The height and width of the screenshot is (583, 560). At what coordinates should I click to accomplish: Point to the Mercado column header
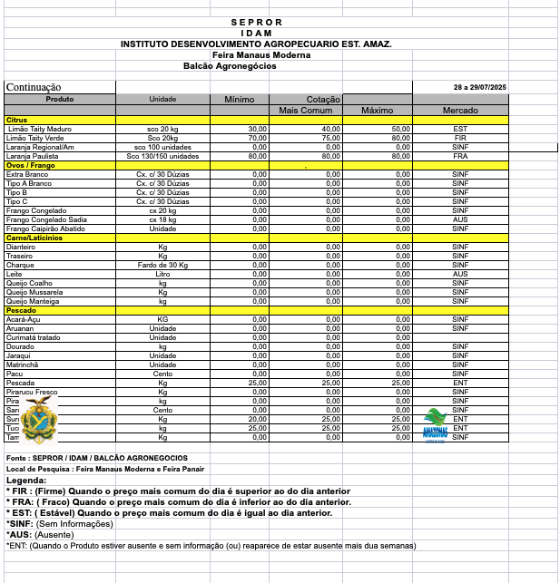coord(460,110)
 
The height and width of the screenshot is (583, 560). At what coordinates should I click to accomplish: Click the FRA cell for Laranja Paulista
coord(460,156)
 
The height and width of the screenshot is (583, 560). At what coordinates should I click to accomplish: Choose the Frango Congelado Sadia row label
coord(46,219)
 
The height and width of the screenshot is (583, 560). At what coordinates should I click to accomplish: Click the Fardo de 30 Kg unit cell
coord(162,265)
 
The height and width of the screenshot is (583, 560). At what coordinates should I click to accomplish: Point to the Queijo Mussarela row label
coord(34,292)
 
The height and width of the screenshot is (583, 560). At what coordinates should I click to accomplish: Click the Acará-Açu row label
coord(25,319)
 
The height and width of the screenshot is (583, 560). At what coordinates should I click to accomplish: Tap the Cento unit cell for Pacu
coord(162,374)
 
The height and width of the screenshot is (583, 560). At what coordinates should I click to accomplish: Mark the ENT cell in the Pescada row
coord(460,383)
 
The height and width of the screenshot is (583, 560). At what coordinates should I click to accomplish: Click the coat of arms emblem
coord(38,419)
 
